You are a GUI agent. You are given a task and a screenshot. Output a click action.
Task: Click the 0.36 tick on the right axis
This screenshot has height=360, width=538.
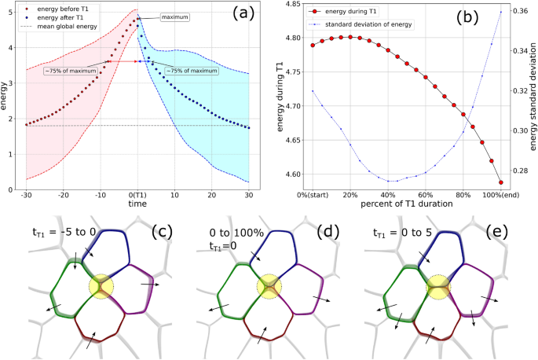click(x=522, y=13)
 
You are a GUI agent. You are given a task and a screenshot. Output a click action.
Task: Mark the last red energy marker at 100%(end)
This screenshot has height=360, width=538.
click(x=500, y=182)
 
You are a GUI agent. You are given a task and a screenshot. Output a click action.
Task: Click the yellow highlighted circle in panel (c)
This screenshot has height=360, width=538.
click(x=103, y=285)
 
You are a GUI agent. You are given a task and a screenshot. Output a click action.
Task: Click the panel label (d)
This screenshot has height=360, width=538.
click(x=329, y=232)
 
